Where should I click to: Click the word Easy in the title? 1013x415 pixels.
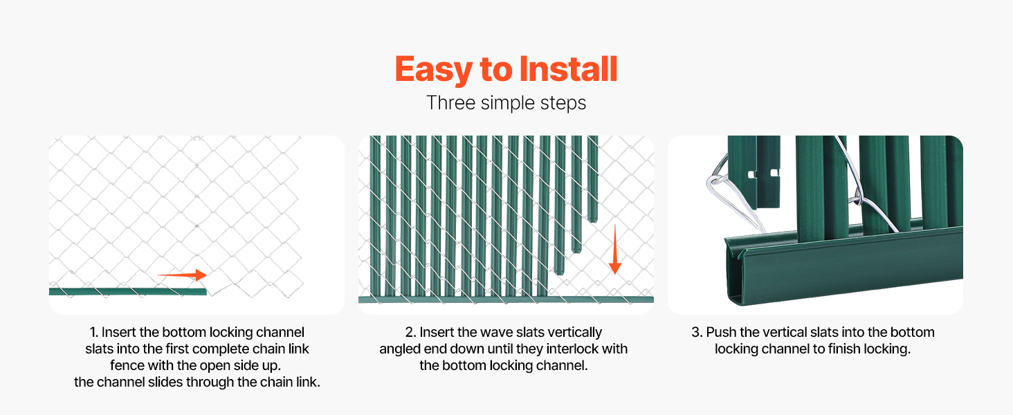tap(432, 69)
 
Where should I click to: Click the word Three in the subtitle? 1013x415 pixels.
tap(450, 102)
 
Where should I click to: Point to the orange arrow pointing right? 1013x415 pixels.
tap(182, 275)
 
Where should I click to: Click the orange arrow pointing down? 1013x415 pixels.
tap(614, 249)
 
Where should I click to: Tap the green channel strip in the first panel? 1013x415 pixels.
tap(127, 292)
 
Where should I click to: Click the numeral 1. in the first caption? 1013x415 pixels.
tap(93, 332)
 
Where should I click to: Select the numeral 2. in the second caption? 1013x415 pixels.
tap(410, 332)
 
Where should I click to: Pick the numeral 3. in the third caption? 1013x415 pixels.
tap(696, 332)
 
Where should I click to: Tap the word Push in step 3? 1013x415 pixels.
tap(721, 332)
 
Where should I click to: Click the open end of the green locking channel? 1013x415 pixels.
tap(734, 271)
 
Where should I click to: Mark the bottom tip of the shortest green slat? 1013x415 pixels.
tap(593, 220)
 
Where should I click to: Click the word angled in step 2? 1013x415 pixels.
tap(398, 349)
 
